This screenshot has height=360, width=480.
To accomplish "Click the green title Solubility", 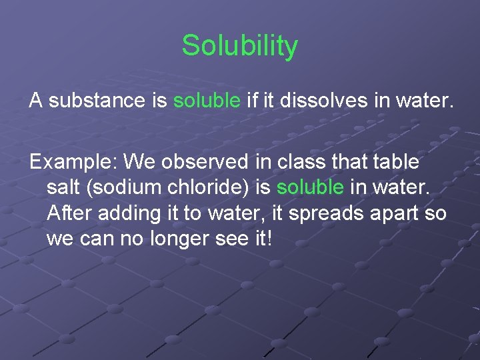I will click(x=240, y=46).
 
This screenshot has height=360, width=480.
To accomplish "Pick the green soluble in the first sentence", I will click(x=207, y=101).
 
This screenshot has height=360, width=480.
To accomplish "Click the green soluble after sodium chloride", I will click(x=311, y=187).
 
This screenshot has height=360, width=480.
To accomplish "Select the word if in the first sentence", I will click(x=252, y=101).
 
